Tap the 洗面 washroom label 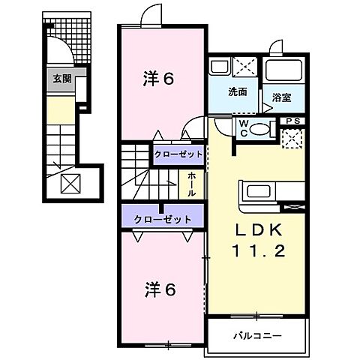pos(238,92)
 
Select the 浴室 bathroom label pos(281,97)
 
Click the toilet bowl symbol pos(259,129)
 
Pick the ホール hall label pos(192,182)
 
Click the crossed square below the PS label pos(292,138)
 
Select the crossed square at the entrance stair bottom pos(70,182)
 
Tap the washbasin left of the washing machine pos(219,67)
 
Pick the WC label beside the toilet pos(243,128)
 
